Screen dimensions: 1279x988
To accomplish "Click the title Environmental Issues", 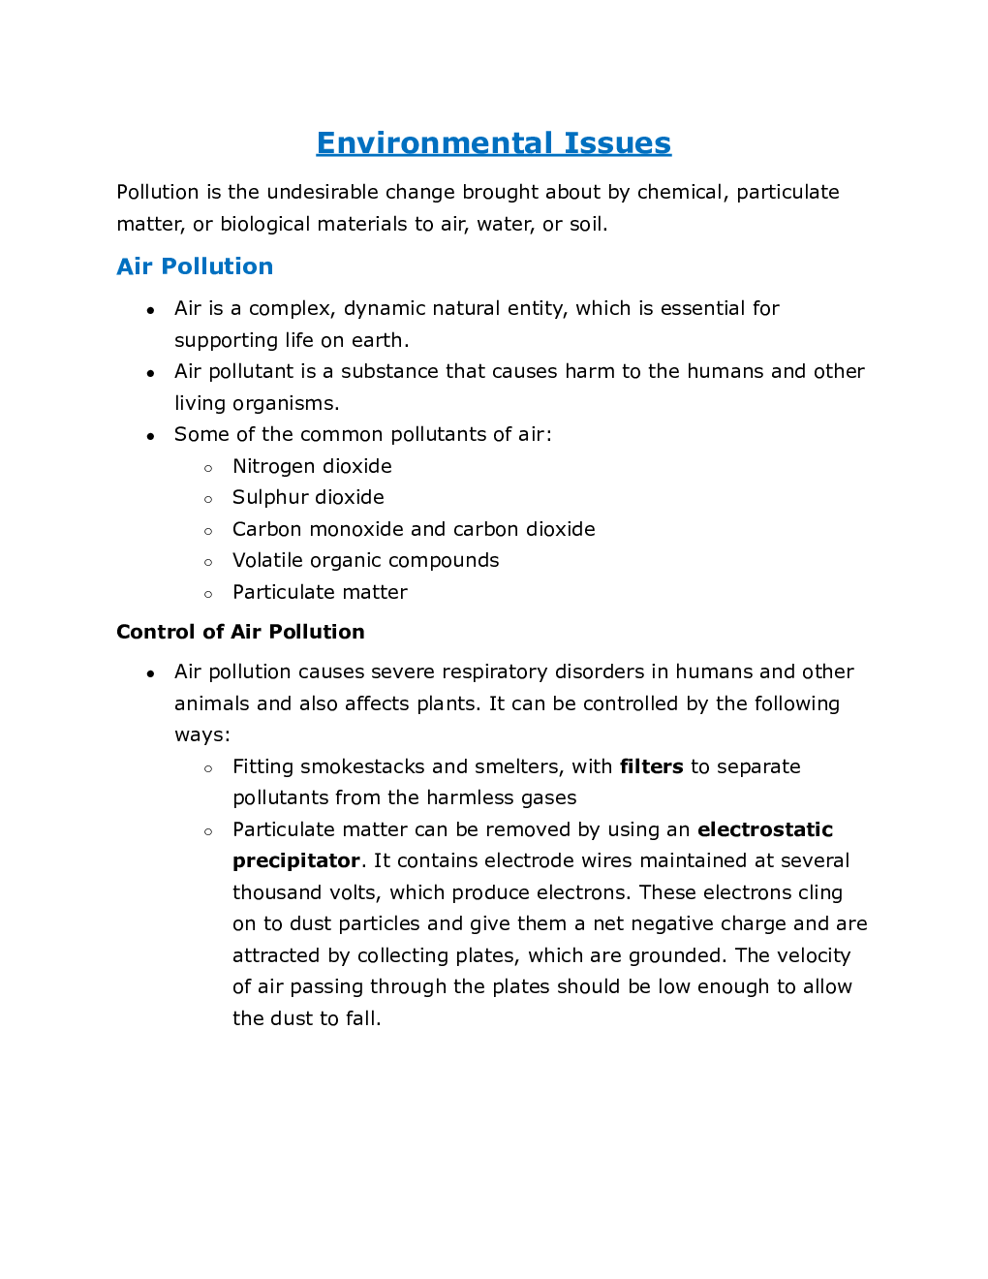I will (x=493, y=143).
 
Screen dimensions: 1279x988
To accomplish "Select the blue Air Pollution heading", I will (x=195, y=266).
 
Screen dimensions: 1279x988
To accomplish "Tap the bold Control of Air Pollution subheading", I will (x=240, y=632).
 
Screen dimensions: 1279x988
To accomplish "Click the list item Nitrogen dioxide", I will (x=312, y=466).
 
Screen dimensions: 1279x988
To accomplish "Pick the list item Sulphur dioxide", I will (x=308, y=497).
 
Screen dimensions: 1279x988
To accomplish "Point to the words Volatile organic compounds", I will (x=365, y=560).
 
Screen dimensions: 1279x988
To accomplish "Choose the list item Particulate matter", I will (x=320, y=592).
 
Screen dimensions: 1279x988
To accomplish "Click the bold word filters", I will (x=651, y=766).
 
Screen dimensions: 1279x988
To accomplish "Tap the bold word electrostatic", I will (x=764, y=829).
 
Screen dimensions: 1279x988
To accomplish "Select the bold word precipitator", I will (x=295, y=860).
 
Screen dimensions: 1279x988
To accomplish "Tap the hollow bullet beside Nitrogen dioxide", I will (x=208, y=468).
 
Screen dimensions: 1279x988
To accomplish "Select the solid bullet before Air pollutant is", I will (x=150, y=373).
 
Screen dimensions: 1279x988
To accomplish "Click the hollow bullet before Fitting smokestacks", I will (x=208, y=768).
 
